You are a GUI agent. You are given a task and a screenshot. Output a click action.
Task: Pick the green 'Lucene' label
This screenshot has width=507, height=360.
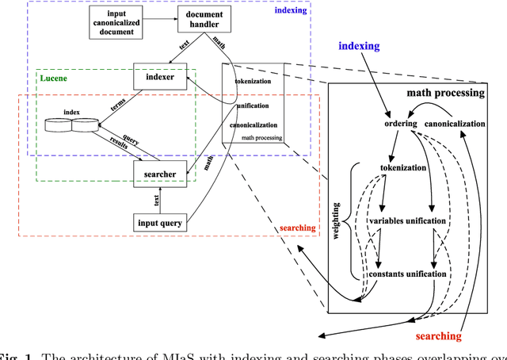(x=55, y=79)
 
